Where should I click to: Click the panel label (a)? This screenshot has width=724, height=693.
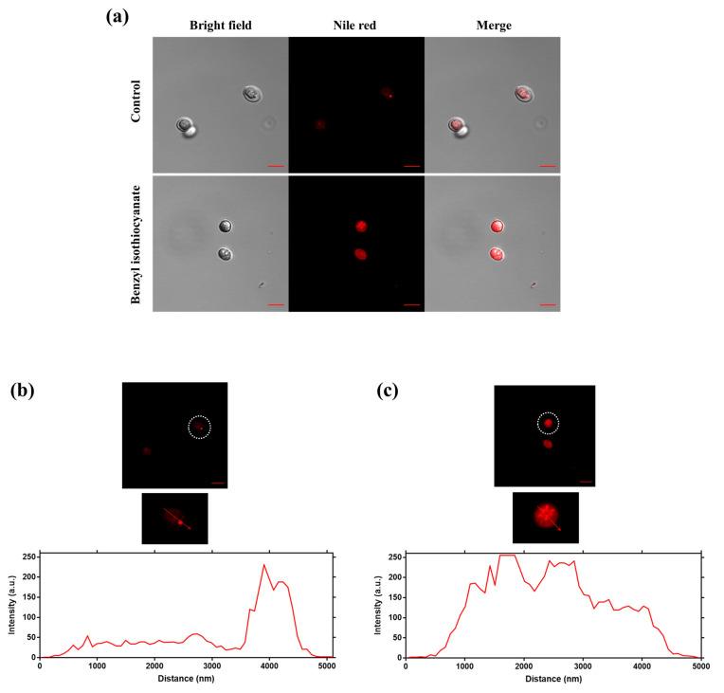tap(116, 15)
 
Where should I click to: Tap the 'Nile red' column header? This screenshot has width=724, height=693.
tap(356, 26)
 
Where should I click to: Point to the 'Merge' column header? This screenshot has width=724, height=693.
tap(492, 26)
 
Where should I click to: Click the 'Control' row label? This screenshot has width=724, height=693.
tap(135, 103)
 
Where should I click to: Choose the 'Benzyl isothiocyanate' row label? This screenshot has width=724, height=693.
tap(135, 243)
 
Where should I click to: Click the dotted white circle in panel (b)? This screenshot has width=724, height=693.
tap(200, 428)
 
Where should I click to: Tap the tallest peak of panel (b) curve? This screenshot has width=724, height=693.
tap(264, 565)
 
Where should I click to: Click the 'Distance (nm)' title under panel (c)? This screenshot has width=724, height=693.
tap(552, 680)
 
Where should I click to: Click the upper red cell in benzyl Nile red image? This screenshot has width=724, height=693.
tap(360, 226)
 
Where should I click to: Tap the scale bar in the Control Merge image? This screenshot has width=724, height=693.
tap(547, 166)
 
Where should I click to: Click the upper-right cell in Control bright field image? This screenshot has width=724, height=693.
tap(251, 93)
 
